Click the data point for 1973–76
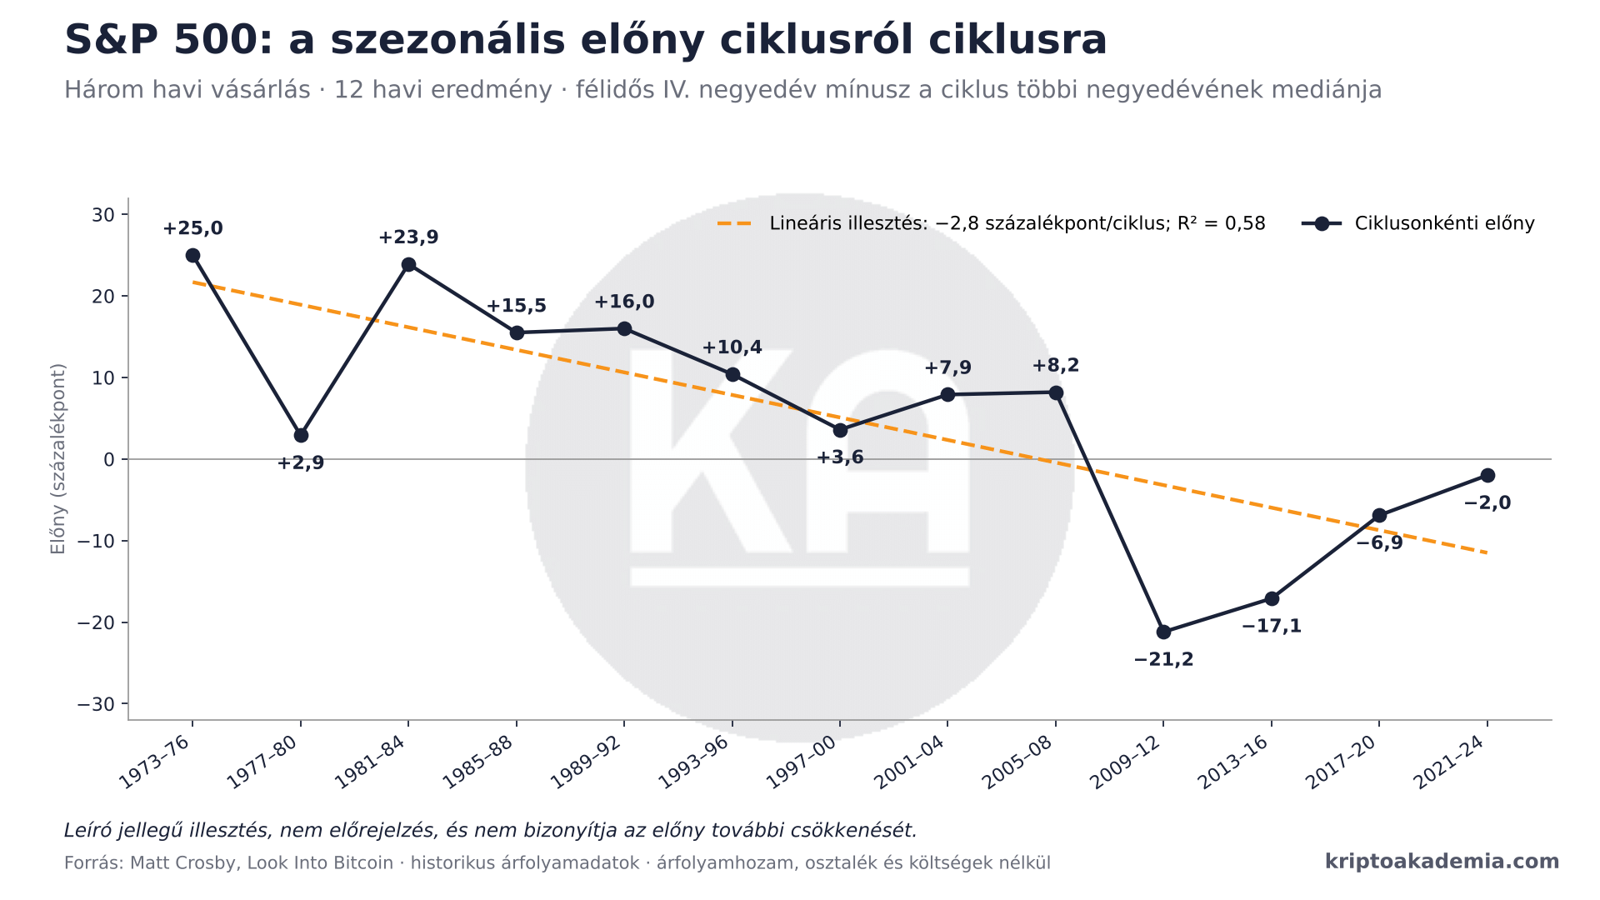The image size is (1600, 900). click(192, 255)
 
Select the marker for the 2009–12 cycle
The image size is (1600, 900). click(1163, 632)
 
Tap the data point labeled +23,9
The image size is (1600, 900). click(408, 264)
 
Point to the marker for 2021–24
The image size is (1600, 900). click(1487, 475)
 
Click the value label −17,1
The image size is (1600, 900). click(1272, 627)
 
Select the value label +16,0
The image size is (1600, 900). click(624, 302)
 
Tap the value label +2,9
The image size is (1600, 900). click(301, 463)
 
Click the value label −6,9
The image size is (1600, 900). click(1379, 543)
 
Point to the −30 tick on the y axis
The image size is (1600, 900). click(96, 705)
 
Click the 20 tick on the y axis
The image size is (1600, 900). click(103, 297)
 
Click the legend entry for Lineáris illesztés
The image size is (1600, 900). click(992, 223)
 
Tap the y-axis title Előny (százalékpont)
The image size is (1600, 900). click(57, 459)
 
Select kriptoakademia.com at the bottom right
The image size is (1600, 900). click(1442, 862)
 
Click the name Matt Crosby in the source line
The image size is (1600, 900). click(184, 863)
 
